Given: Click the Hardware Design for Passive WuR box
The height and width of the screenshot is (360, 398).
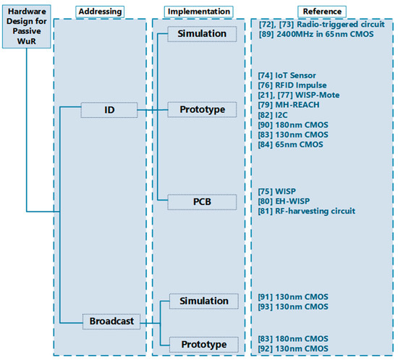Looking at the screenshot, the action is point(26,26).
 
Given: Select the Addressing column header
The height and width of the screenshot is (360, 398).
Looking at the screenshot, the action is point(100,12).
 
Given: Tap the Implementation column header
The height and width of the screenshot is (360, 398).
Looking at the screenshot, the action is point(199,12).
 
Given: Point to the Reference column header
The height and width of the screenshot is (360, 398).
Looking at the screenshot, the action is point(322,12).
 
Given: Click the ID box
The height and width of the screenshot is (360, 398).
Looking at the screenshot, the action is point(109,110).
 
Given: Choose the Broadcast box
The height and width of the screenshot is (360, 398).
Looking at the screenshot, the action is point(111,322).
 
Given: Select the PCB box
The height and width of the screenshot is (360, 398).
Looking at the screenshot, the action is point(202,202).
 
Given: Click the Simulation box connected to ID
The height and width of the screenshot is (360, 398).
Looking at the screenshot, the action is point(202,34).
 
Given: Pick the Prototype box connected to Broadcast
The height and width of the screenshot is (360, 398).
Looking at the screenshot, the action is point(204,345).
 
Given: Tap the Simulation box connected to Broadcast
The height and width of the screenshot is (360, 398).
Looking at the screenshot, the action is point(204,301).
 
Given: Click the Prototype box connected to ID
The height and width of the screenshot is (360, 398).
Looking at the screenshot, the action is point(202,109).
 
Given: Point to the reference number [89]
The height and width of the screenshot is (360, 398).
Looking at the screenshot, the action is point(266,34).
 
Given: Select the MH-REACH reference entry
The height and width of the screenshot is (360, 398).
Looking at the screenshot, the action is point(289,105).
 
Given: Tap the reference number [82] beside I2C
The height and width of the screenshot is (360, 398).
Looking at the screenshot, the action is point(266,115).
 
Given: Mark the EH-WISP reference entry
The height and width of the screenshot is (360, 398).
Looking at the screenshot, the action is point(284,201).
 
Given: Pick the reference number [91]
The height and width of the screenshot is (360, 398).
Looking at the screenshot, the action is point(266,297).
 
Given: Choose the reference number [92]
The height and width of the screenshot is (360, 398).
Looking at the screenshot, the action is point(266,349).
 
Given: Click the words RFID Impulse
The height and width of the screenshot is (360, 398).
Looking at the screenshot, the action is point(301,85).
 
